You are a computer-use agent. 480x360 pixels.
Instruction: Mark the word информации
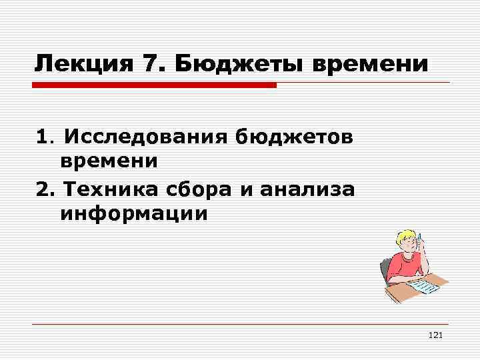pyautogui.click(x=134, y=214)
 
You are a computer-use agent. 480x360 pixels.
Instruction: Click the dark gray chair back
pyautogui.click(x=384, y=272)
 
